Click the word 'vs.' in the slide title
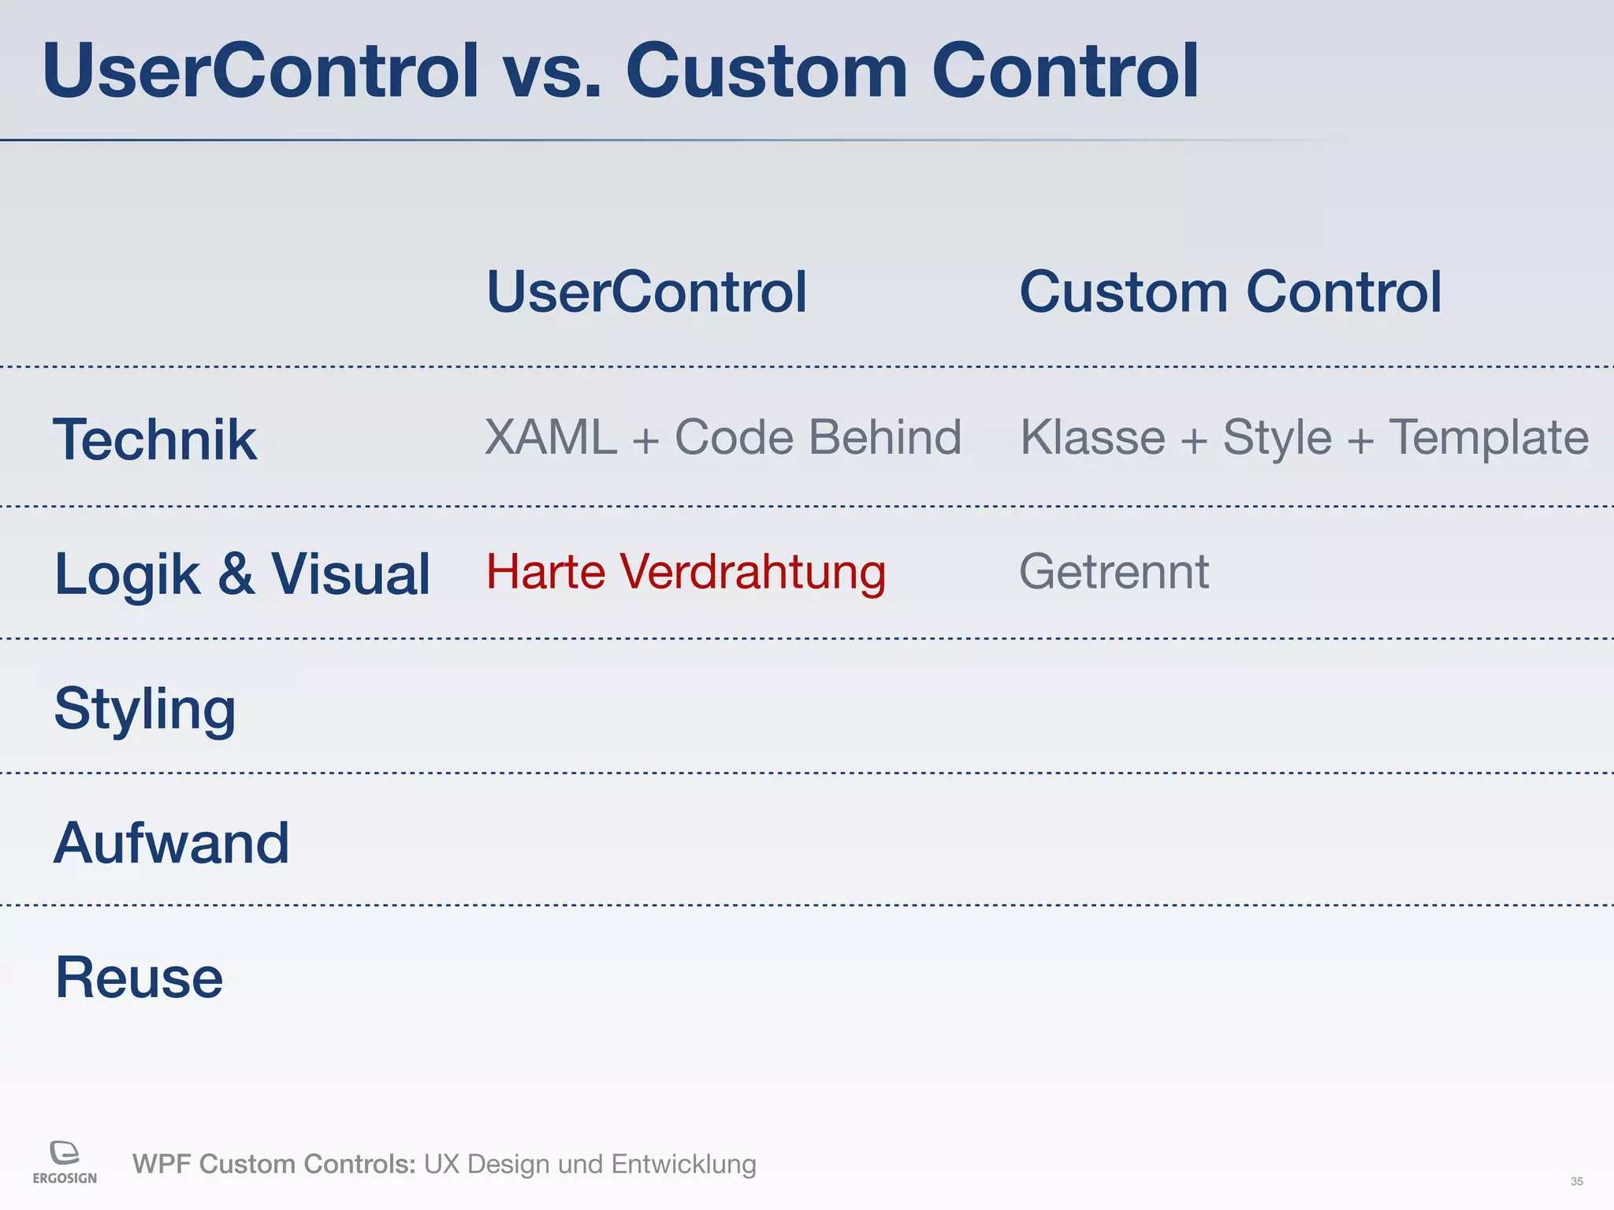(552, 72)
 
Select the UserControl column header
(647, 292)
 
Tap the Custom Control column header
(1230, 292)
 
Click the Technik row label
(154, 440)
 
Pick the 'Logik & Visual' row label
(242, 573)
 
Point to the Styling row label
(145, 709)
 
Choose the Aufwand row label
(171, 843)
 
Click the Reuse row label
(139, 978)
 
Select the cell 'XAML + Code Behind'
(723, 437)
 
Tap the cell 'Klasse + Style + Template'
(1304, 437)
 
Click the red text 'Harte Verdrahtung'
(686, 572)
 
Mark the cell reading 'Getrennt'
(1114, 572)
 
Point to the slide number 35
(1576, 1182)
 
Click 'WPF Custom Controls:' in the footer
(273, 1164)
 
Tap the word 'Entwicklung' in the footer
(683, 1164)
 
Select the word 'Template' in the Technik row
(1488, 437)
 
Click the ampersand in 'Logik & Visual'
(236, 573)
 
